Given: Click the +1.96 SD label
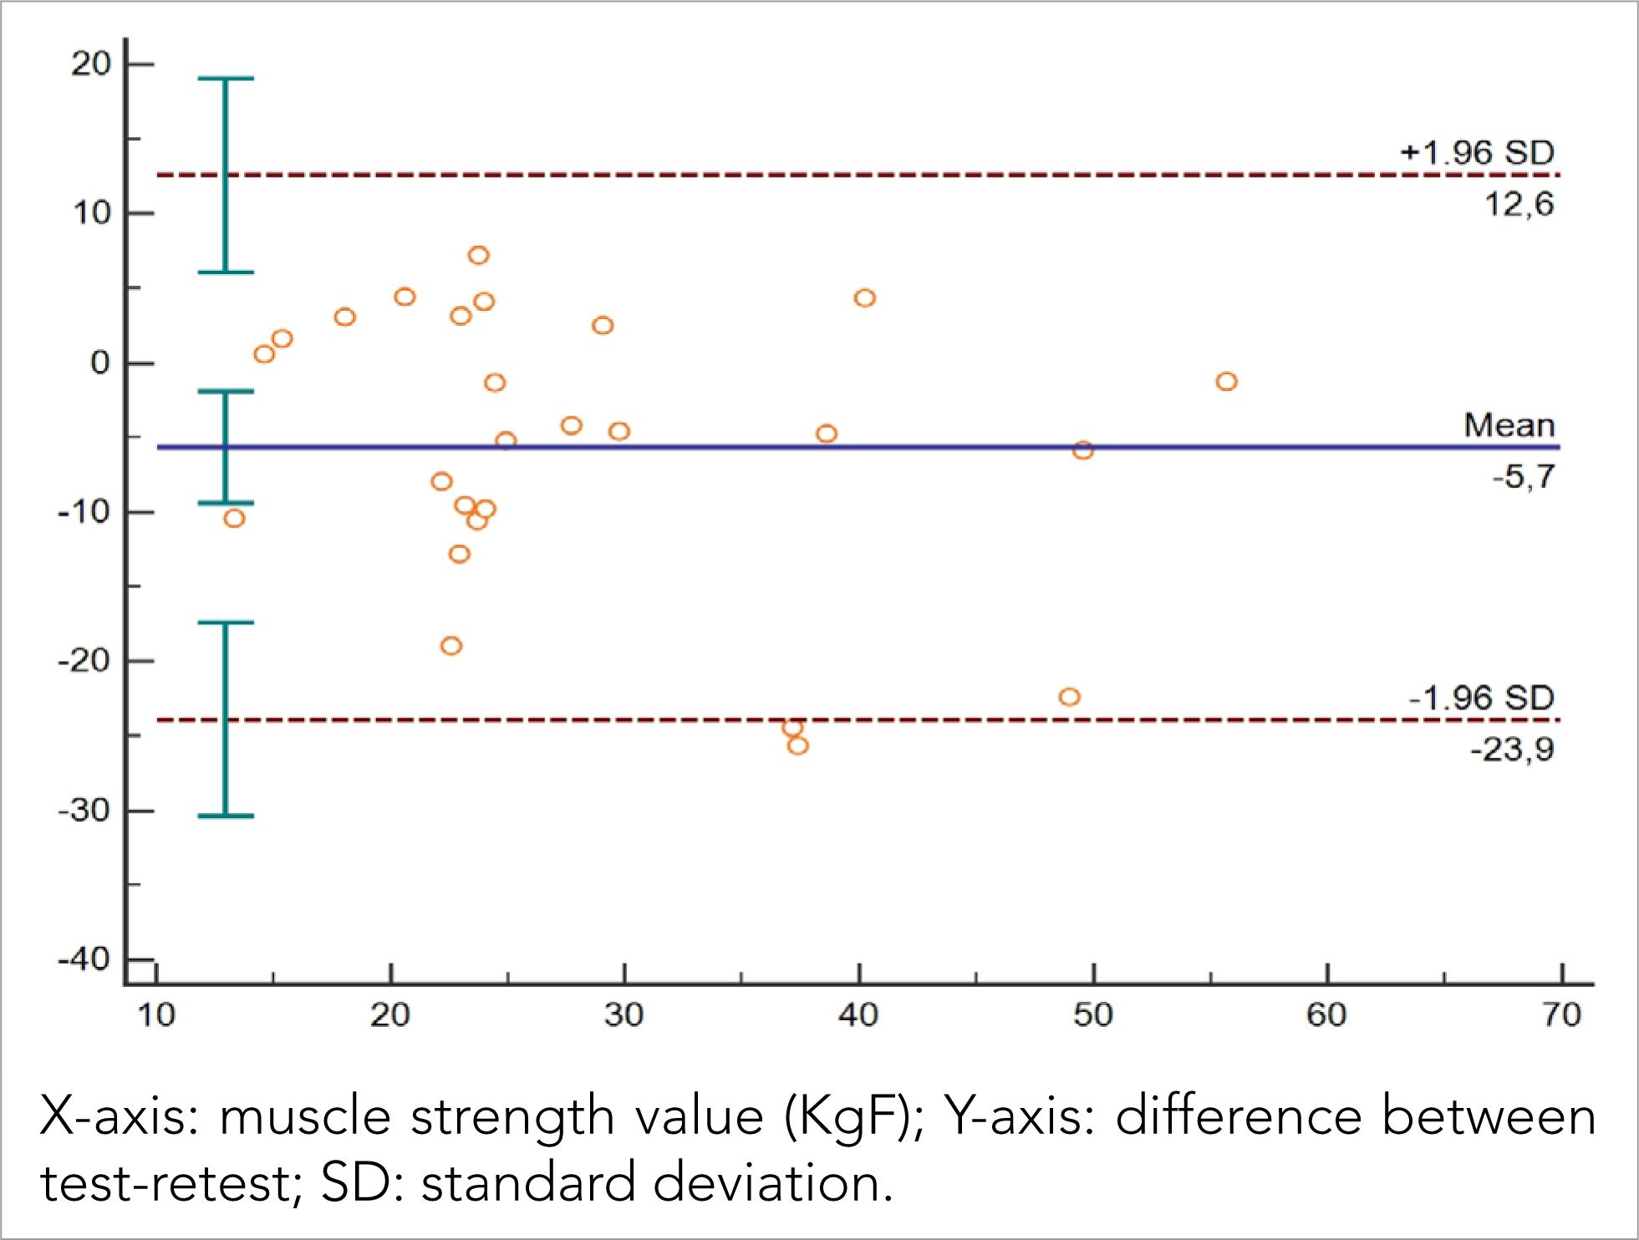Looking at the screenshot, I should tap(1476, 153).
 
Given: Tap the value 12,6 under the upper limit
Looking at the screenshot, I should tap(1519, 205).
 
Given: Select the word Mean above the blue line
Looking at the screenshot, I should tap(1509, 425).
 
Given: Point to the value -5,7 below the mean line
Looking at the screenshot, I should tap(1523, 478).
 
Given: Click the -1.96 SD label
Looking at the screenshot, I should tap(1481, 698).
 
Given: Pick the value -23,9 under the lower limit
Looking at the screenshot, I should tap(1512, 750).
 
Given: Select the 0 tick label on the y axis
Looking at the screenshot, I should tap(100, 363).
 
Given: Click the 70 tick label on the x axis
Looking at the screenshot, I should tap(1561, 1015).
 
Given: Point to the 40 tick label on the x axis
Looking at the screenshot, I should tap(858, 1015).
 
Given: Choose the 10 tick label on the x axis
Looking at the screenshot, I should tap(156, 1015).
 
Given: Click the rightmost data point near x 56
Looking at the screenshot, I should tap(1226, 382).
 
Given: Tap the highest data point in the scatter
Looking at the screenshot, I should tap(478, 256).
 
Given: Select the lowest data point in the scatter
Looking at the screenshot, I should tap(798, 746).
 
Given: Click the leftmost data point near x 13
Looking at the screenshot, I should tap(234, 519).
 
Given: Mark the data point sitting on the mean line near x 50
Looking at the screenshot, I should tap(1083, 451).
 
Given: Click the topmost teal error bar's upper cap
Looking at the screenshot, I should tap(225, 79).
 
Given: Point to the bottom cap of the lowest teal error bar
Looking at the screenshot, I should tap(225, 816).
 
